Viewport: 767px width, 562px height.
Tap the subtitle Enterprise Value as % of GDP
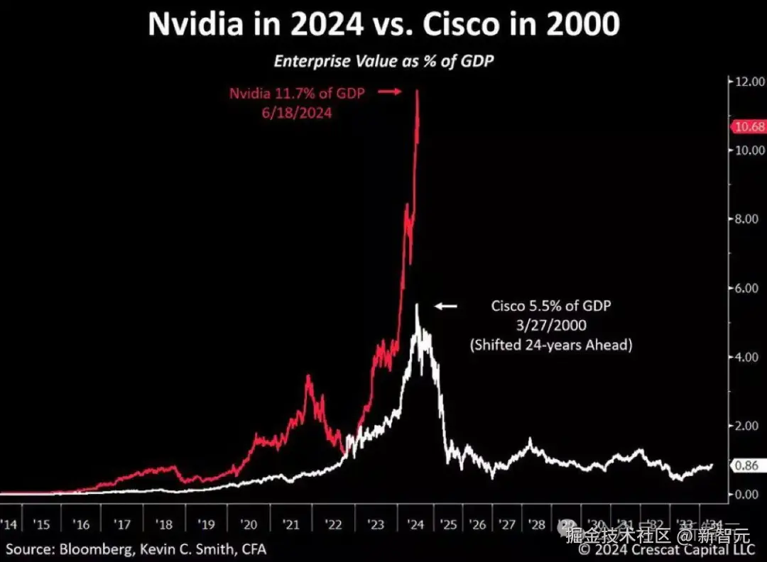[383, 61]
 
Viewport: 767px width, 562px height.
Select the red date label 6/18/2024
[296, 112]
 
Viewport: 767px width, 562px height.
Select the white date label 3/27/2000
[551, 326]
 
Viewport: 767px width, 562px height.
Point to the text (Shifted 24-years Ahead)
[551, 346]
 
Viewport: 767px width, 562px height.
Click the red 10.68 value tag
[748, 127]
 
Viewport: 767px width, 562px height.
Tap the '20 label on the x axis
[249, 524]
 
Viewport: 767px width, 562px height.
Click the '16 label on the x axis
[82, 524]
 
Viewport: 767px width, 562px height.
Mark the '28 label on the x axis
[536, 524]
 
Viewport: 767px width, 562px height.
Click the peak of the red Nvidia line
[417, 91]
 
